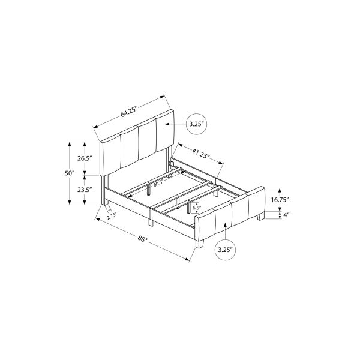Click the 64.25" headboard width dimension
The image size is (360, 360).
[x=128, y=111]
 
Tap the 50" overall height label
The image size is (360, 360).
[x=70, y=173]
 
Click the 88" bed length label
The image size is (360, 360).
[x=142, y=238]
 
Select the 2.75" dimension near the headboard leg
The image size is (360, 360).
[x=112, y=217]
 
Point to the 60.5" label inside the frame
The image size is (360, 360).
[x=158, y=184]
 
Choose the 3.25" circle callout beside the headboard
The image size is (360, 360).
[x=197, y=124]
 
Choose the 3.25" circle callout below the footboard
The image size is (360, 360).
[x=224, y=248]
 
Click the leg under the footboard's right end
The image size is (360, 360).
[x=259, y=217]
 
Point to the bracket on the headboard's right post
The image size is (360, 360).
[x=172, y=163]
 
